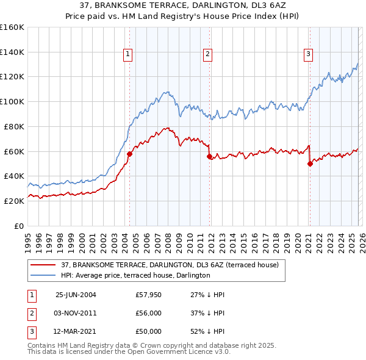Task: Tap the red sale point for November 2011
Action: point(209,156)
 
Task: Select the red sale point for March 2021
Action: point(310,164)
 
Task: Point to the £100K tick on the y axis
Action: point(12,101)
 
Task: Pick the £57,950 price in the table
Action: point(148,294)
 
